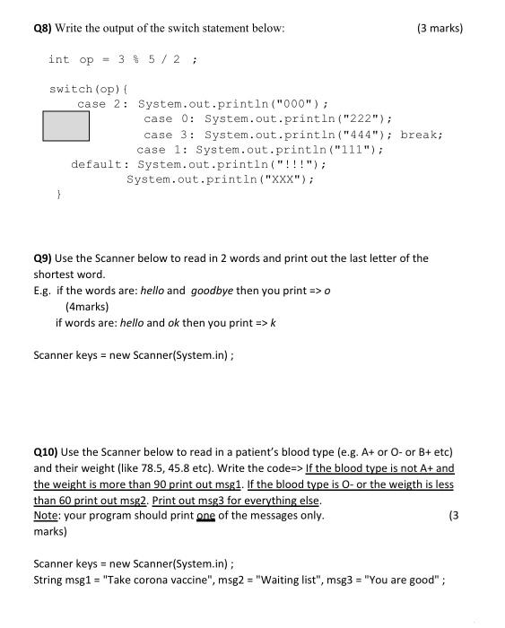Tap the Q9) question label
coord(44,258)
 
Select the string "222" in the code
coord(366,118)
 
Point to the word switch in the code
coord(70,89)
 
